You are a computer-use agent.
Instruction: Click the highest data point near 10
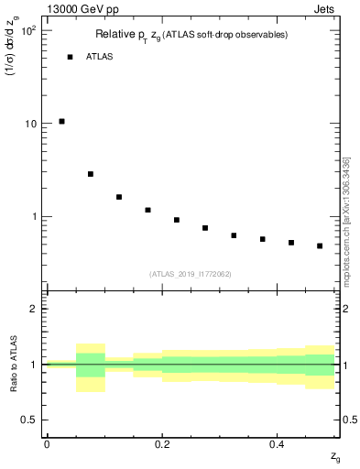(x=61, y=121)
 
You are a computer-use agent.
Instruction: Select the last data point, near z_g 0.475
(x=320, y=245)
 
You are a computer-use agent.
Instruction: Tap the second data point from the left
(x=91, y=174)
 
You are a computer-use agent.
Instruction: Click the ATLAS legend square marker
(x=70, y=57)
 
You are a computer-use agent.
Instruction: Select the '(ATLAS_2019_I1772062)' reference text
(x=191, y=273)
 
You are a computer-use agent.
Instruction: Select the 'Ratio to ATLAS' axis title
(x=12, y=364)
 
